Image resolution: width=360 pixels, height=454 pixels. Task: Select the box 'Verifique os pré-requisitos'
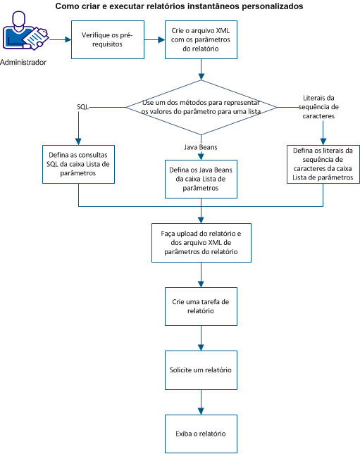coord(107,39)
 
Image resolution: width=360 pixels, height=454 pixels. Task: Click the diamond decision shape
coord(201,108)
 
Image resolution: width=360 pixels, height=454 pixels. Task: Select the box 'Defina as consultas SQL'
coord(78,164)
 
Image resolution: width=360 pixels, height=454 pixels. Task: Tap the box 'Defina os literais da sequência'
coord(322,164)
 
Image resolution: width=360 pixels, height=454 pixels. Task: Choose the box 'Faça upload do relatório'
coord(201,242)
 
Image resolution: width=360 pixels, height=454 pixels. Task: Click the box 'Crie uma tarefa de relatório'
coord(201,306)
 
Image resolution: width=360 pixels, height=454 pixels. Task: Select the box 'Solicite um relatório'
coord(201,369)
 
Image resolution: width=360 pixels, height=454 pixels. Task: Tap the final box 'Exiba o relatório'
coord(201,431)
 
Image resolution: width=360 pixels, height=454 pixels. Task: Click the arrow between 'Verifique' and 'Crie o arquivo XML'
coord(154,39)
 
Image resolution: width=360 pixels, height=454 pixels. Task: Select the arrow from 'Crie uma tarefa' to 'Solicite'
coord(201,338)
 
